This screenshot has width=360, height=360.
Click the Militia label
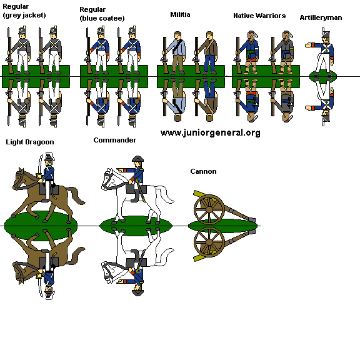coord(180,14)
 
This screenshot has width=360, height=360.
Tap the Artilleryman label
coord(321,17)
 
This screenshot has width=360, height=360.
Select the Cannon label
coord(203,171)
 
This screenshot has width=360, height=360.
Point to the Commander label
coord(115,140)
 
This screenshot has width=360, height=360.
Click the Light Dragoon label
coord(30,142)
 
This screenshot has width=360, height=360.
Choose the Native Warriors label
coord(259,16)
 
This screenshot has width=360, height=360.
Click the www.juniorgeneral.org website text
coord(210,133)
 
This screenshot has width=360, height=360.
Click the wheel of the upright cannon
coord(209,209)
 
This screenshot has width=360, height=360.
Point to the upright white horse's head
coord(108,179)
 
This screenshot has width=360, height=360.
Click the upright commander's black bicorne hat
coord(137,159)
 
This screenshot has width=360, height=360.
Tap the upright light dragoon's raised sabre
coord(40,165)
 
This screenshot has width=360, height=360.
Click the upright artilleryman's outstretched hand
coord(308,45)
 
